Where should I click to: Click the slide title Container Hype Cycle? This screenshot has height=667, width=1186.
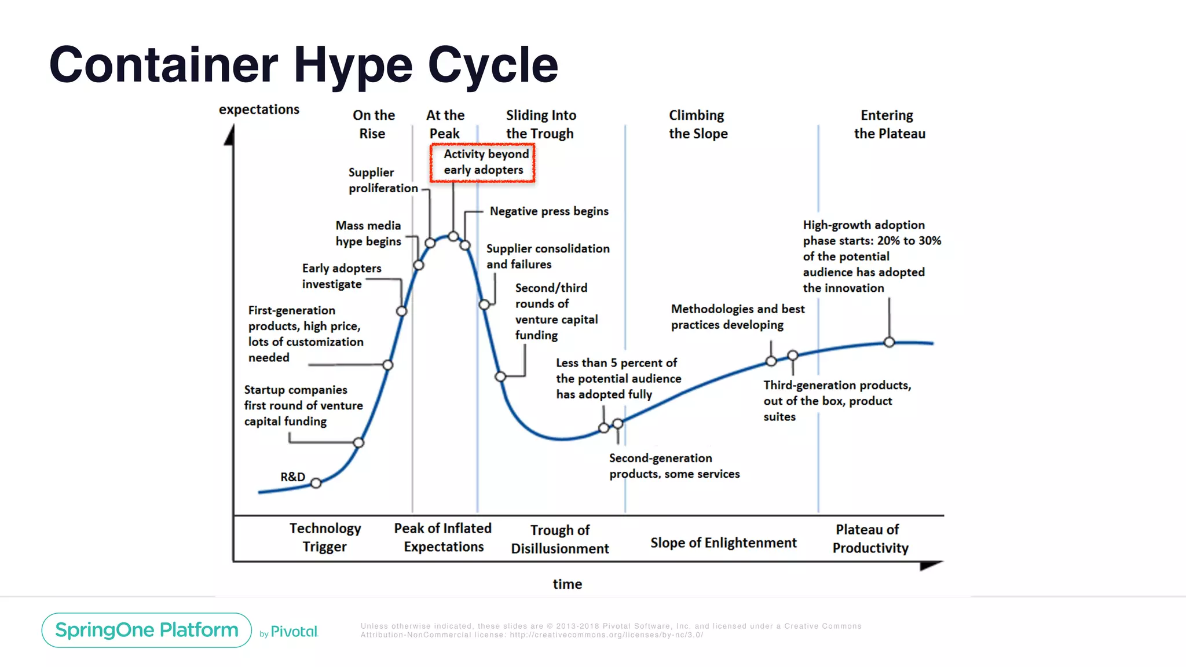pyautogui.click(x=303, y=65)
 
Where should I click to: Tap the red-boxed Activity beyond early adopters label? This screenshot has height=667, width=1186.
pyautogui.click(x=482, y=162)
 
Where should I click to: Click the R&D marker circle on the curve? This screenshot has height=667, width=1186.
pyautogui.click(x=316, y=483)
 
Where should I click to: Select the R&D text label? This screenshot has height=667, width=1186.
pyautogui.click(x=292, y=477)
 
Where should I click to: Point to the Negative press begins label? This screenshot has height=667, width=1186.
pyautogui.click(x=548, y=211)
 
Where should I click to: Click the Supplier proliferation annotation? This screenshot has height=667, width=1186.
pyautogui.click(x=383, y=180)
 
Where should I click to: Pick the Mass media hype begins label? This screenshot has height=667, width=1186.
pyautogui.click(x=368, y=233)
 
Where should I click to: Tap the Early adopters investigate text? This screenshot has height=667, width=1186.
pyautogui.click(x=341, y=276)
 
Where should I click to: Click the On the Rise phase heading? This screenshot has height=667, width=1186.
pyautogui.click(x=374, y=124)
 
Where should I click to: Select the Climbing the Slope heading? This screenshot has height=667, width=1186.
pyautogui.click(x=698, y=124)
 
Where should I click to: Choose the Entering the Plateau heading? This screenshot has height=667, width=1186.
pyautogui.click(x=889, y=124)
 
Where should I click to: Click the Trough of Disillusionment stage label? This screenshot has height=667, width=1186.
pyautogui.click(x=559, y=538)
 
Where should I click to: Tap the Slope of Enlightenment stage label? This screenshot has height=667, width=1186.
pyautogui.click(x=723, y=543)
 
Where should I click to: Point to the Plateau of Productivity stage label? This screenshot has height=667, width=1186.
pyautogui.click(x=870, y=538)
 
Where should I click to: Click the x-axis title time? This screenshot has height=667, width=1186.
pyautogui.click(x=567, y=584)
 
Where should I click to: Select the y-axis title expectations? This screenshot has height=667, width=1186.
pyautogui.click(x=259, y=109)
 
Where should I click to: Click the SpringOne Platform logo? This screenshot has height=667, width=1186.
pyautogui.click(x=147, y=630)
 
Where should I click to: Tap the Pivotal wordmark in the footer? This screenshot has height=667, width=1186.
pyautogui.click(x=294, y=631)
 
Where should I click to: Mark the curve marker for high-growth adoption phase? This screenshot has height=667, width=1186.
pyautogui.click(x=889, y=342)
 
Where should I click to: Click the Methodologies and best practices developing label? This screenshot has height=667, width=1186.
pyautogui.click(x=737, y=317)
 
